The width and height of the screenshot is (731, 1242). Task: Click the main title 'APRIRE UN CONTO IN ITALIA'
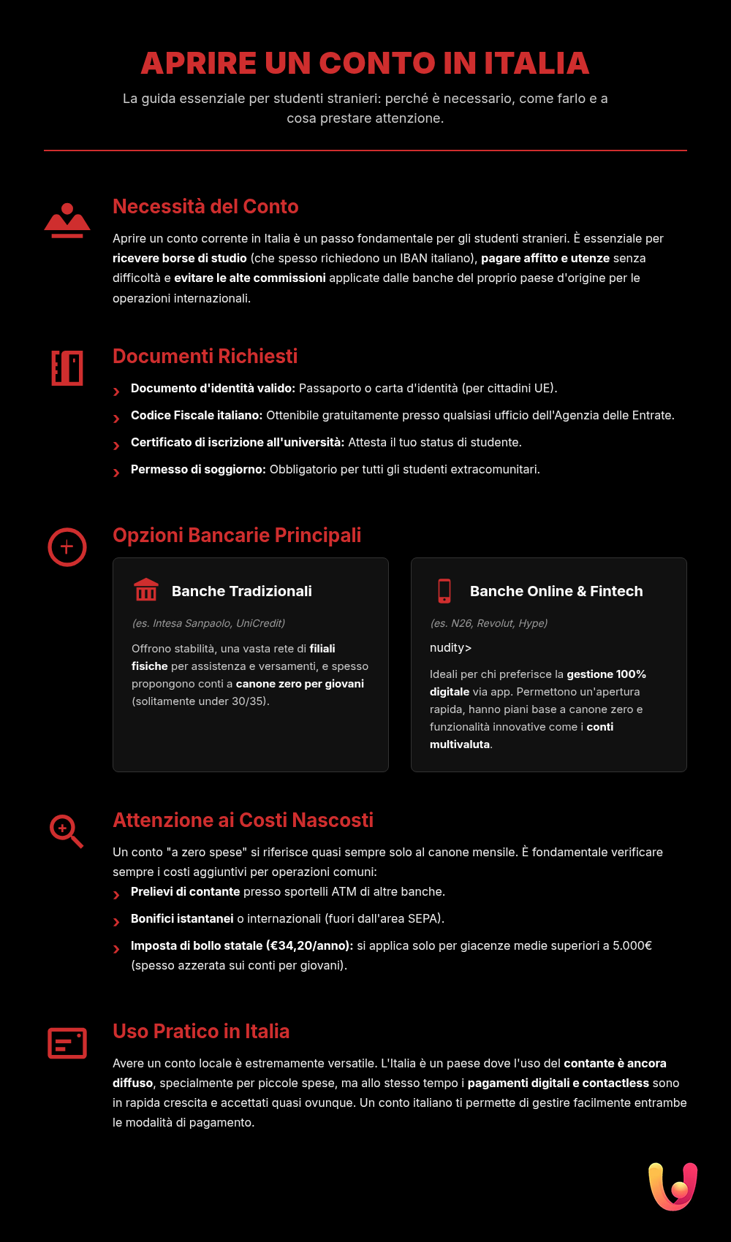click(x=365, y=64)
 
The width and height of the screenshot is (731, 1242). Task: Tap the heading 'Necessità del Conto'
click(x=205, y=207)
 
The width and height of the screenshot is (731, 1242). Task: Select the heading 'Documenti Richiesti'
click(x=205, y=357)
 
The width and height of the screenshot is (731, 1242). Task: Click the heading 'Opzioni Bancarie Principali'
click(x=237, y=536)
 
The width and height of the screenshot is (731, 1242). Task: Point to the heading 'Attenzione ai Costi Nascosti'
click(x=243, y=820)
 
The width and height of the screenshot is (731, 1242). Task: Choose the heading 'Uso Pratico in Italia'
click(x=201, y=1032)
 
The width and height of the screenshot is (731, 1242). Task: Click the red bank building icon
click(x=146, y=590)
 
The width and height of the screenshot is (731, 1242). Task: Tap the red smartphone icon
click(x=444, y=590)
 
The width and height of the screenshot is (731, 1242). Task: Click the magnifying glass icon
click(x=66, y=831)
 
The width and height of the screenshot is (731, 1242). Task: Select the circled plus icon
click(x=67, y=547)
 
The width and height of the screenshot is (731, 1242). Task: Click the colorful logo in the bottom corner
click(x=673, y=1186)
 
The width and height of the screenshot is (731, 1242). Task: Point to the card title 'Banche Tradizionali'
click(x=241, y=591)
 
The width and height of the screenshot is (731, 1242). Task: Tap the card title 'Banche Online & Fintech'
click(x=556, y=591)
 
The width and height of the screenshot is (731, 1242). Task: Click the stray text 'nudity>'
click(x=450, y=648)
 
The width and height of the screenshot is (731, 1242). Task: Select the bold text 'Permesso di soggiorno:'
click(x=198, y=470)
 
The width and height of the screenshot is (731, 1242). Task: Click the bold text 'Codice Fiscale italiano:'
click(x=197, y=416)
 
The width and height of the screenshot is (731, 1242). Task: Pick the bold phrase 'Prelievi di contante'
click(x=185, y=892)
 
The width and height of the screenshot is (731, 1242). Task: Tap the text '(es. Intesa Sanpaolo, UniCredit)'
click(x=208, y=623)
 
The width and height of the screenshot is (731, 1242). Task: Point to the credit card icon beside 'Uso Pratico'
click(x=67, y=1043)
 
